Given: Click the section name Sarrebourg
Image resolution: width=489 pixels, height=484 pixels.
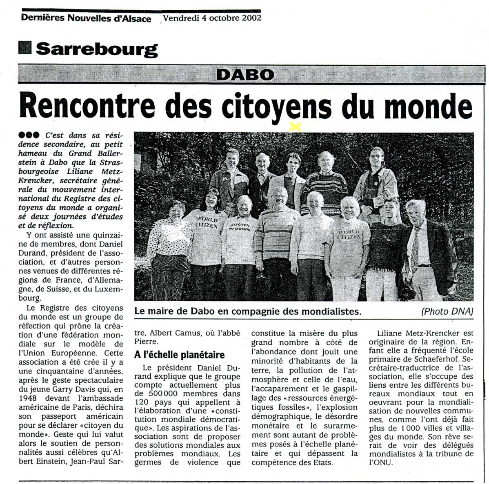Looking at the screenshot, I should point(96,49).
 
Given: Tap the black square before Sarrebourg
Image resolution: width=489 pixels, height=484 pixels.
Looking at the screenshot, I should point(25,48).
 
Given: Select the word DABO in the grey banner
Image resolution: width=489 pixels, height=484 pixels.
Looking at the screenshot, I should point(245,75).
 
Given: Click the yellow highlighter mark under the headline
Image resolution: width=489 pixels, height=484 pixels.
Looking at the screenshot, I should point(294,127).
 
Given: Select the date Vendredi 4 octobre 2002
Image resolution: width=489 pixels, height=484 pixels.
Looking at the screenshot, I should point(212,18).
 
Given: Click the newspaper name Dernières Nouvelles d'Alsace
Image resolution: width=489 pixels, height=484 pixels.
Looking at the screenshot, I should point(86,18).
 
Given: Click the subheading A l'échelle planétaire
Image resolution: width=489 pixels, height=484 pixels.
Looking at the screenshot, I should point(180,355).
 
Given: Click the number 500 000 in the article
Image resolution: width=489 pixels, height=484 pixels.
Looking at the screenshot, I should point(154,394).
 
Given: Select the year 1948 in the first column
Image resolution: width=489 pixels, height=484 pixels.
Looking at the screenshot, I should point(29,397).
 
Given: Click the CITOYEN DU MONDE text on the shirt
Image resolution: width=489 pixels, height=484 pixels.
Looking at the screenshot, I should point(241,227).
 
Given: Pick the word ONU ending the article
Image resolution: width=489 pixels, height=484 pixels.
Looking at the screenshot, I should point(383,462).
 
